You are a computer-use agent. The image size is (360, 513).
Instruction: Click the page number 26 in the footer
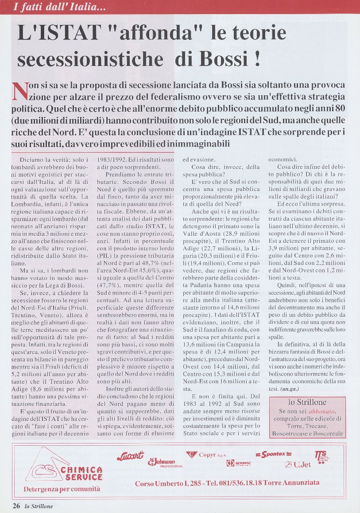point(16,506)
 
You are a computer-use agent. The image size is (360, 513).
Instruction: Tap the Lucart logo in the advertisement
point(130,455)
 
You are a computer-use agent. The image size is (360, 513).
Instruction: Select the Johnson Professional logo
point(165,463)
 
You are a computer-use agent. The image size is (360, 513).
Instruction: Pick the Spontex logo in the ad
point(274,454)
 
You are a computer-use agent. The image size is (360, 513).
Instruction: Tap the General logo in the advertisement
point(239,463)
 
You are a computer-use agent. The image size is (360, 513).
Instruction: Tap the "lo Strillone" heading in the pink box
point(307,402)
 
